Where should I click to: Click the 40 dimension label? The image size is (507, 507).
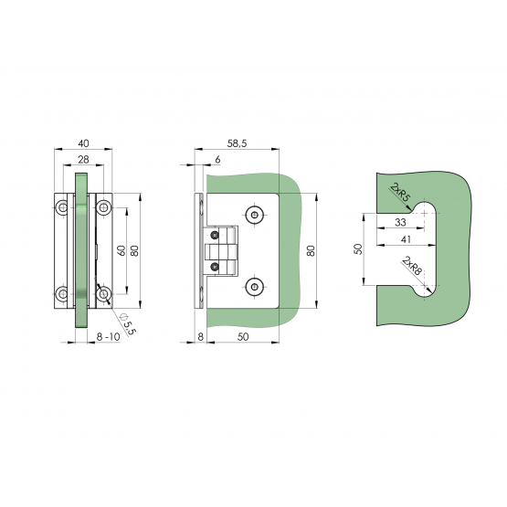click(x=83, y=143)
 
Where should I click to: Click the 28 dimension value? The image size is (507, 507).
click(x=83, y=159)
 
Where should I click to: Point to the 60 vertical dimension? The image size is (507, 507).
click(x=121, y=250)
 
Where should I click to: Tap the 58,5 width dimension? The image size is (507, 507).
click(x=237, y=143)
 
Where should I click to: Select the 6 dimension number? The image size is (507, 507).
click(x=217, y=159)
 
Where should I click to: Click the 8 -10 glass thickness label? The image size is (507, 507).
click(x=109, y=336)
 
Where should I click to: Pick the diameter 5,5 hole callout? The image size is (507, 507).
click(x=129, y=323)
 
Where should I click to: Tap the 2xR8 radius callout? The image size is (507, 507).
click(x=412, y=266)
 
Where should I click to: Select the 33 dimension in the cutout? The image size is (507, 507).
click(x=400, y=223)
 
